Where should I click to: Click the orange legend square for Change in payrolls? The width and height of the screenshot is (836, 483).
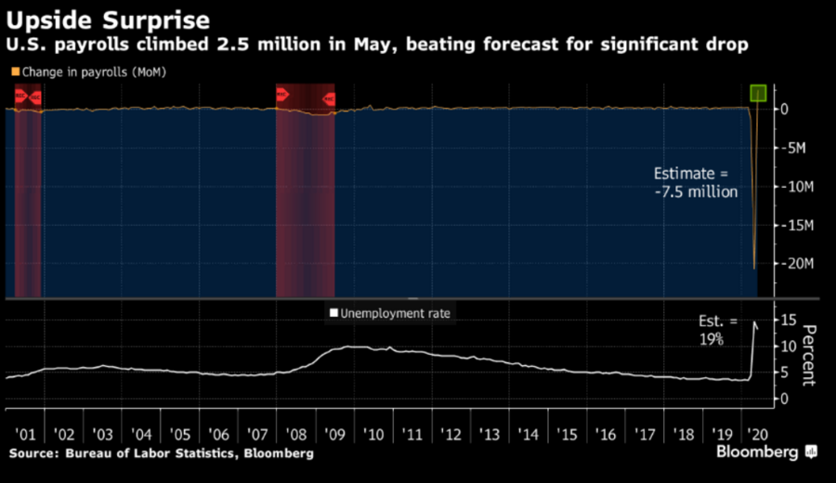point(14,72)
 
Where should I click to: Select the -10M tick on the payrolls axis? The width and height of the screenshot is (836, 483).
point(796,186)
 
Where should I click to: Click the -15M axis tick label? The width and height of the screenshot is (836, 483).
point(796,225)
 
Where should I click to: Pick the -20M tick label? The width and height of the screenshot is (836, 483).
point(796,264)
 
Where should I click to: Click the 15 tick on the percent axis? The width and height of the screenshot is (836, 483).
point(786,320)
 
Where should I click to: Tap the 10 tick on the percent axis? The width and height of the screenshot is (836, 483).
point(786,346)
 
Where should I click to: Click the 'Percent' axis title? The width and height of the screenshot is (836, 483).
point(808,356)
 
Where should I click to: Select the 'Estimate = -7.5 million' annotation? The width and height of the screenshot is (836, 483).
point(695,183)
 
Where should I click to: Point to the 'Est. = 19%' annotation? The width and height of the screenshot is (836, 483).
point(717,330)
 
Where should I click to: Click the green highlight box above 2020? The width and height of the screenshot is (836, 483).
point(759,93)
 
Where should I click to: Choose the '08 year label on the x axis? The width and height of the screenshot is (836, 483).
point(295,434)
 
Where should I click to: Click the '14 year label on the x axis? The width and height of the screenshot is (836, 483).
point(527,434)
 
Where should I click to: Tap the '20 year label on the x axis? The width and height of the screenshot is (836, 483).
point(758,434)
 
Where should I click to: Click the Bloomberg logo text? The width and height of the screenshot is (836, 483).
point(757,452)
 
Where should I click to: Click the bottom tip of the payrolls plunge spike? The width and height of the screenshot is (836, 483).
point(754,268)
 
